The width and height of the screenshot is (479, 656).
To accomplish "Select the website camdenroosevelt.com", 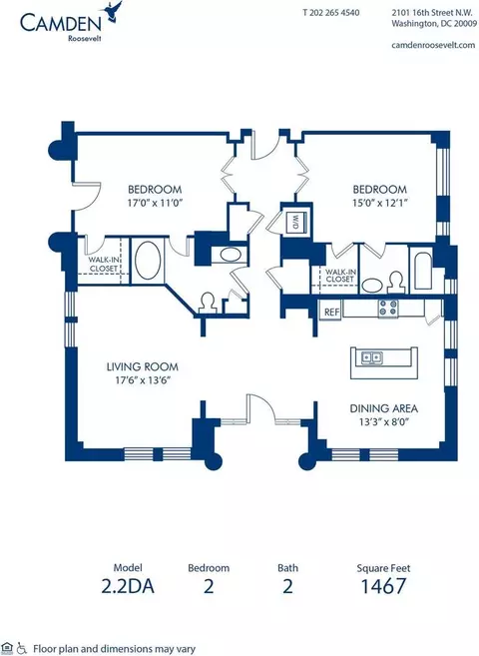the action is [433, 45].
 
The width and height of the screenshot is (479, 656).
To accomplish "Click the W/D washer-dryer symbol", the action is [295, 223].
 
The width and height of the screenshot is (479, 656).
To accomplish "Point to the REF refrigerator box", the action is [331, 312].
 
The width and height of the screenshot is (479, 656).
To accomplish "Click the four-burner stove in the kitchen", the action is [387, 309].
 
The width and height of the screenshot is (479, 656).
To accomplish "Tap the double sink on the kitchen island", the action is [371, 357].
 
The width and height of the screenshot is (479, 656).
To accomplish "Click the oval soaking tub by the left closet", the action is [148, 261].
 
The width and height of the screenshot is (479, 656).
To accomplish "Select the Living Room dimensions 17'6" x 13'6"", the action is [144, 380].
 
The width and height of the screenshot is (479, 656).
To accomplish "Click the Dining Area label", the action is [384, 408].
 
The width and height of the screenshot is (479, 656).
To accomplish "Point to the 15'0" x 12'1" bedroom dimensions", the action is [380, 203].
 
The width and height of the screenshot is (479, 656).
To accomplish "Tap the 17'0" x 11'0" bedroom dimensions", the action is [155, 203].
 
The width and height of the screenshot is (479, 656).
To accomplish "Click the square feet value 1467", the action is [383, 586].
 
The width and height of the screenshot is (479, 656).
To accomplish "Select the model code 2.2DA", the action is [128, 586].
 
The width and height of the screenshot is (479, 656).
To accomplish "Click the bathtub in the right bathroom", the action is [421, 272].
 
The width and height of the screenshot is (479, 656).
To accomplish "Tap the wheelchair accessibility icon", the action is [22, 648].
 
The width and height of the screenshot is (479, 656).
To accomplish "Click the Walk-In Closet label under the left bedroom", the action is [104, 264].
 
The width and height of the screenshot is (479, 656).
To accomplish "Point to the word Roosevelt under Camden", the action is [85, 39].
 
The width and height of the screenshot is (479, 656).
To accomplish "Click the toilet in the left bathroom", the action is [208, 303].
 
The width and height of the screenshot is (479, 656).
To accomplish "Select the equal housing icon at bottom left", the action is [8, 648].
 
